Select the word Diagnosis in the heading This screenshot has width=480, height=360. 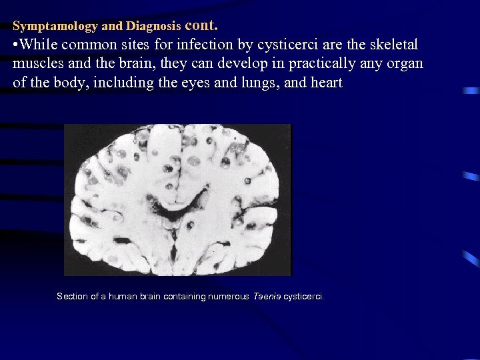[x=154, y=27]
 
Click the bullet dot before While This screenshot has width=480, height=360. [x=15, y=46]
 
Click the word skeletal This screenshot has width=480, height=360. [x=393, y=45]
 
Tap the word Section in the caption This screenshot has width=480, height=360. [x=73, y=296]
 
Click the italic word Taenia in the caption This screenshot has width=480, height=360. [x=266, y=296]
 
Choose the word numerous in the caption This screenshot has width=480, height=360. [x=227, y=296]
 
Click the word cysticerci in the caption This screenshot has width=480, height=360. [x=303, y=296]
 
